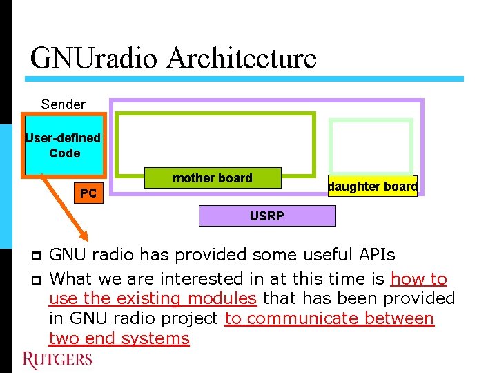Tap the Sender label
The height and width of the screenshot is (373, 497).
point(63,104)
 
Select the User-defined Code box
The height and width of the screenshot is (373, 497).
point(64,146)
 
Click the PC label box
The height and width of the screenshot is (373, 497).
point(88,193)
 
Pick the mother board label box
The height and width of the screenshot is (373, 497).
point(213,178)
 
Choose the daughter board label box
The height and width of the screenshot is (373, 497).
point(373,186)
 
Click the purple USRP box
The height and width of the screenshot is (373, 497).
point(267,216)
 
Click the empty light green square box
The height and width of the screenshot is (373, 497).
point(371,146)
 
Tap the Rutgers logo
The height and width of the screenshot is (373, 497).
point(57,359)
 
